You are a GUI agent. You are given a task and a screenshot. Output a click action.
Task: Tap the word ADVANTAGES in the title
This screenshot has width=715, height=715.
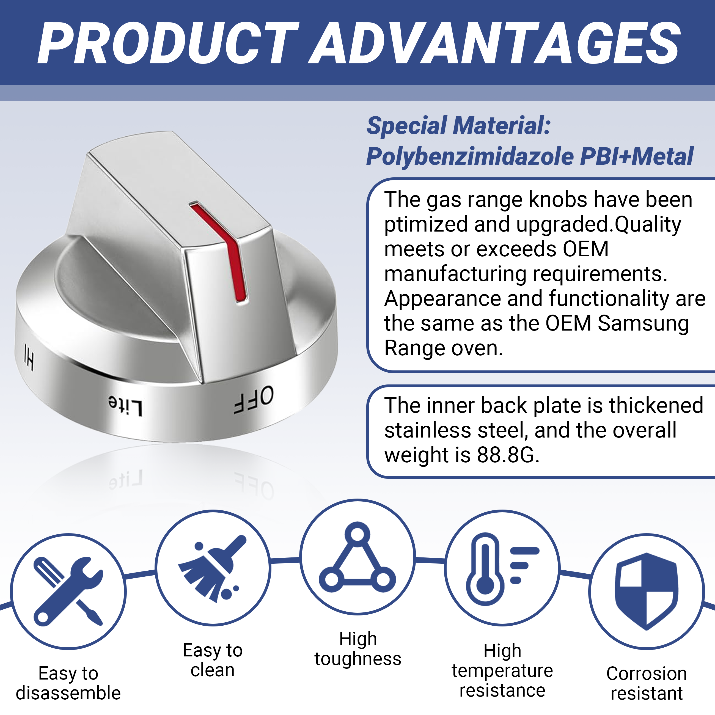pyautogui.click(x=494, y=43)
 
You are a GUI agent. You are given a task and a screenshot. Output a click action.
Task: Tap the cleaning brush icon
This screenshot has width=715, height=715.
pyautogui.click(x=212, y=568)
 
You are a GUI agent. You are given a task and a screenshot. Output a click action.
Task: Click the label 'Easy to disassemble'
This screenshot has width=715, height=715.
pyautogui.click(x=68, y=683)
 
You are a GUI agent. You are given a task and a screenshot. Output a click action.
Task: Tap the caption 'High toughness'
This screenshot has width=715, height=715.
pyautogui.click(x=358, y=649)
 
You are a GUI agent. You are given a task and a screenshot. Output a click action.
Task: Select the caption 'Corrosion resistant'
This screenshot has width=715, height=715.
pyautogui.click(x=647, y=683)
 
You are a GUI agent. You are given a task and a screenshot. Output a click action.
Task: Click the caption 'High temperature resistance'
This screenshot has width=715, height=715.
pyautogui.click(x=502, y=671)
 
